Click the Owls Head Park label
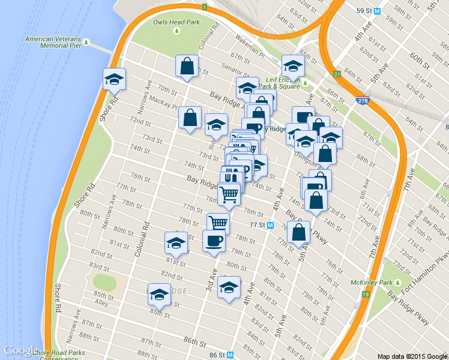tap(175, 22)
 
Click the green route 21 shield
tap(337, 74)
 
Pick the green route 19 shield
tap(365, 294)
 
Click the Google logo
tap(21, 351)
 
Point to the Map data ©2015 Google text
tap(412, 356)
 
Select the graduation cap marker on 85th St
tap(158, 294)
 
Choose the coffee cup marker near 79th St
tap(214, 241)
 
